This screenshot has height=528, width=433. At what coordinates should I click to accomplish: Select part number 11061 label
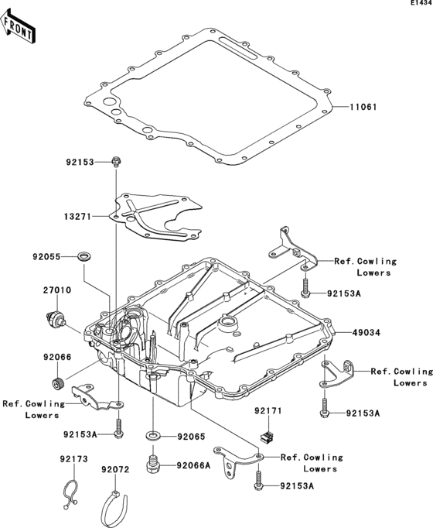[x=362, y=107]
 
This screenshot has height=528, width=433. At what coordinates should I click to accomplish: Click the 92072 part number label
[x=115, y=469]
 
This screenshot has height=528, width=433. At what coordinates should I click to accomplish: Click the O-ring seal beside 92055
[x=83, y=255]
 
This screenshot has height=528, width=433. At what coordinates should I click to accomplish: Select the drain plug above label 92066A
[x=153, y=464]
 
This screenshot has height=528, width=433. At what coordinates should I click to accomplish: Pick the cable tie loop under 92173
[x=70, y=492]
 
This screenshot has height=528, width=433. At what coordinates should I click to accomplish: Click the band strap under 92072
[x=117, y=508]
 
